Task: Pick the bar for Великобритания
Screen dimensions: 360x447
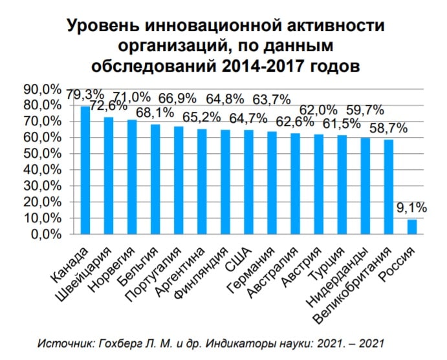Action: tap(388, 187)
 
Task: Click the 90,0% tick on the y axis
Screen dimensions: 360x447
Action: tap(43, 89)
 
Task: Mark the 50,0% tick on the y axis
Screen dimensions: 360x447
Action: tap(43, 153)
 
